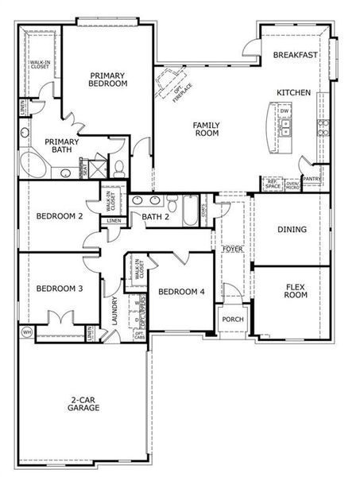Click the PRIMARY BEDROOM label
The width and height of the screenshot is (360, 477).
click(x=108, y=79)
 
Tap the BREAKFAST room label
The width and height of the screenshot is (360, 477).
click(x=296, y=56)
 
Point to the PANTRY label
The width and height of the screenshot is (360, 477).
click(x=311, y=179)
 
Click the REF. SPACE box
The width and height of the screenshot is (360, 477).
click(x=272, y=184)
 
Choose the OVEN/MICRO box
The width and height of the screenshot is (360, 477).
click(x=292, y=184)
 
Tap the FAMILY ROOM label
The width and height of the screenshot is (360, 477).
click(x=206, y=129)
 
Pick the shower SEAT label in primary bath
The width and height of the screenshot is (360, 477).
click(x=82, y=168)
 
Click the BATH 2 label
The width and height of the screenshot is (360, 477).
click(x=157, y=216)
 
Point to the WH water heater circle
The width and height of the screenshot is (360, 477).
click(x=26, y=332)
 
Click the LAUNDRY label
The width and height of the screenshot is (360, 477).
click(x=115, y=313)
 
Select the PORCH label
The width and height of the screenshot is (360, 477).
click(x=233, y=319)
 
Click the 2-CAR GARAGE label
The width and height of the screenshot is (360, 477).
click(x=83, y=403)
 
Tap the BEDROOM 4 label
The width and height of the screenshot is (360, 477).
click(x=180, y=292)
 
